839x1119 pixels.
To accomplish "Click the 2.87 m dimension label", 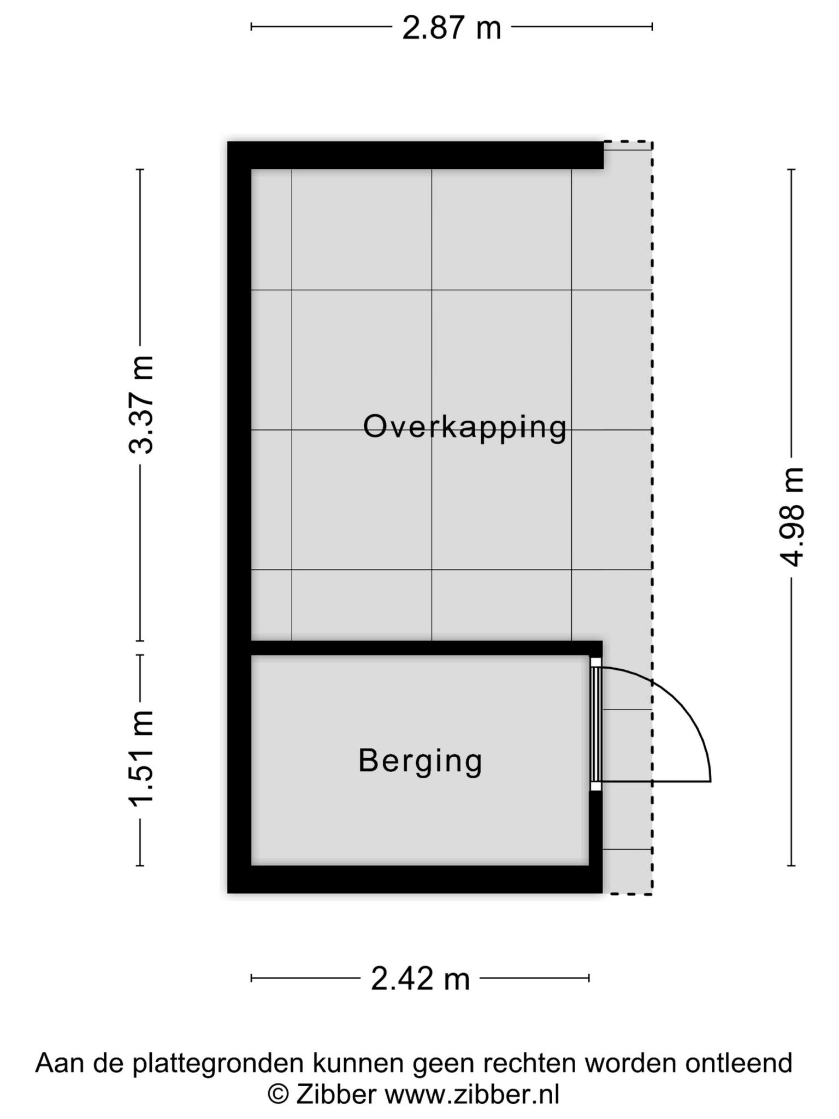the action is click(x=451, y=28).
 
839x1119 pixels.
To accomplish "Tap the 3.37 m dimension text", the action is click(x=141, y=405).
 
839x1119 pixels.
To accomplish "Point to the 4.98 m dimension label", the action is click(x=791, y=517).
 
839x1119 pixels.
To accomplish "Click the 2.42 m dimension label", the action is click(x=420, y=979).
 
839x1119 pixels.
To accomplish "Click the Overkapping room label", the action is click(x=465, y=427).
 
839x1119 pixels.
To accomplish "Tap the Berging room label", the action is click(x=420, y=761).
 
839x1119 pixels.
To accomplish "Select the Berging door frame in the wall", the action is click(x=596, y=724).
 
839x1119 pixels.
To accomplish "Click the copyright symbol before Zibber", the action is click(x=279, y=1094).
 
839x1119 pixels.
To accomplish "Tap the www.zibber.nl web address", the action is click(x=472, y=1094).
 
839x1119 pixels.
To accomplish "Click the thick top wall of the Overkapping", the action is click(x=416, y=155).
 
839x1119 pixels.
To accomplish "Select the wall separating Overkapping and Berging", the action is click(x=426, y=648).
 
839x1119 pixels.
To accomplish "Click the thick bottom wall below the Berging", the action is click(x=415, y=879).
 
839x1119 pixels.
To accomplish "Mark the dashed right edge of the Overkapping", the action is click(x=652, y=517).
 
